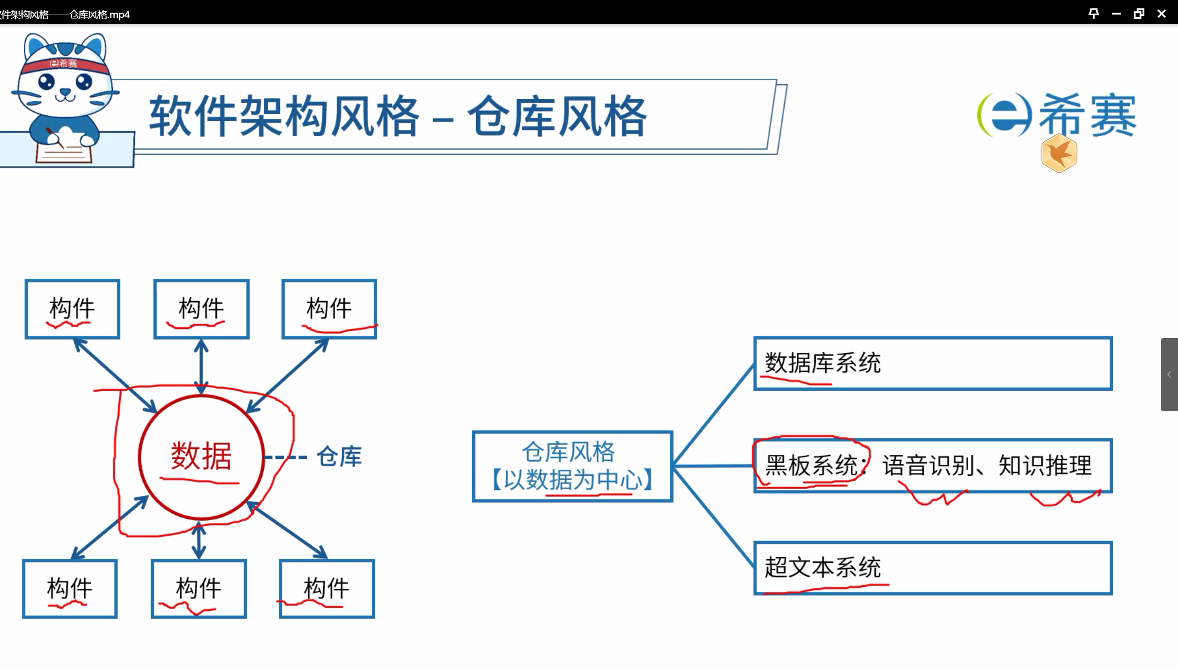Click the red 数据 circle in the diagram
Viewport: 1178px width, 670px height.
(x=201, y=456)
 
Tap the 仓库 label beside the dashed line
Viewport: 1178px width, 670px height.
(x=339, y=457)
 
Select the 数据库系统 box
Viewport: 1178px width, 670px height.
(x=933, y=363)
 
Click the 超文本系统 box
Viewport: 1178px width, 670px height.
(x=933, y=568)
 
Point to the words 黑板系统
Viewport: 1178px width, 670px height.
(x=810, y=465)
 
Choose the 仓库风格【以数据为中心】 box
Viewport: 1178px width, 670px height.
(x=572, y=466)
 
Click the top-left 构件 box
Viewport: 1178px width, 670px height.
(x=73, y=309)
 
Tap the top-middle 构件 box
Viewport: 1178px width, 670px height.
(x=201, y=309)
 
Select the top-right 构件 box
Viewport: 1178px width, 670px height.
(x=329, y=309)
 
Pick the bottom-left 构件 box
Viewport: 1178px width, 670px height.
(x=70, y=589)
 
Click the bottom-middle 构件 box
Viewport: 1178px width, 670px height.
(x=199, y=589)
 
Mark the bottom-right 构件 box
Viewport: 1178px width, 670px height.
(x=327, y=589)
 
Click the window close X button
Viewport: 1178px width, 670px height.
(x=1161, y=14)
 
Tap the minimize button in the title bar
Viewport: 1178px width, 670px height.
(x=1116, y=14)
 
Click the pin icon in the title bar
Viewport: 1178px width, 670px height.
(x=1093, y=14)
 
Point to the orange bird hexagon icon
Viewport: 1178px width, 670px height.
(x=1059, y=154)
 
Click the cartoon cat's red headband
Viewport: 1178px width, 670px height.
(x=63, y=64)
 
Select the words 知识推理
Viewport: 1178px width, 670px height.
(x=1045, y=465)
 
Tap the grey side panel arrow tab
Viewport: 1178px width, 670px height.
(x=1169, y=375)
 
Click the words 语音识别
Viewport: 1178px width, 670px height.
(x=928, y=465)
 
